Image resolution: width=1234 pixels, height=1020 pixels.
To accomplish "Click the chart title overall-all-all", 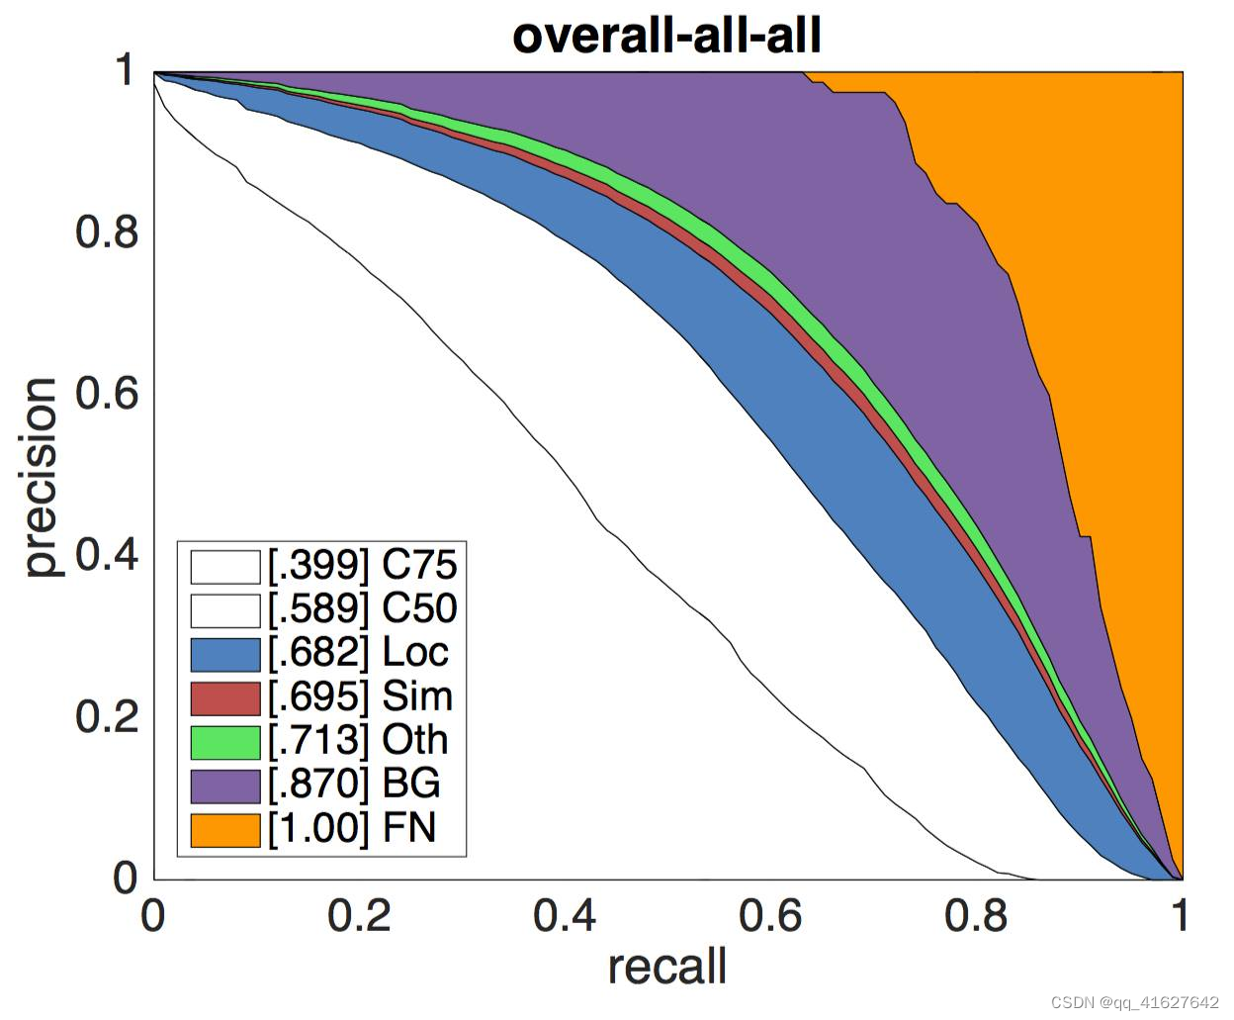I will [667, 36].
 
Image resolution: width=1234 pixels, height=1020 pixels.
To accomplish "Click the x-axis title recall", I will [667, 967].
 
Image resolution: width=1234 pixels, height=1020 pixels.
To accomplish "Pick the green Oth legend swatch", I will [225, 741].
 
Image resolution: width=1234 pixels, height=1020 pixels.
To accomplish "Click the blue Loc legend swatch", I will [225, 653].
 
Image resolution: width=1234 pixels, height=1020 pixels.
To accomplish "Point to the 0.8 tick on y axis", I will [107, 232].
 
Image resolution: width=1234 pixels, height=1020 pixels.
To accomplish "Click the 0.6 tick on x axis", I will [770, 916].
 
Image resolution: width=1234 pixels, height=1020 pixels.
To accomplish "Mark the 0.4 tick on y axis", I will [107, 555].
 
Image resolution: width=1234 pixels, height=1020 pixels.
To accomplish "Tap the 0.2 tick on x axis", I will [359, 916].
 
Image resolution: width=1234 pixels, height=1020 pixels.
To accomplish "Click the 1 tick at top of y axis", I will [125, 71].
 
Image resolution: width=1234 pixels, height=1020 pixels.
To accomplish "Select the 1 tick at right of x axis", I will [1179, 916].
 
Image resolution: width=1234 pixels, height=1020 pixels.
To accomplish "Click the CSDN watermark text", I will [1134, 1003].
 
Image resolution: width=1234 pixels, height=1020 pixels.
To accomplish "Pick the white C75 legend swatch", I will [225, 566].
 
